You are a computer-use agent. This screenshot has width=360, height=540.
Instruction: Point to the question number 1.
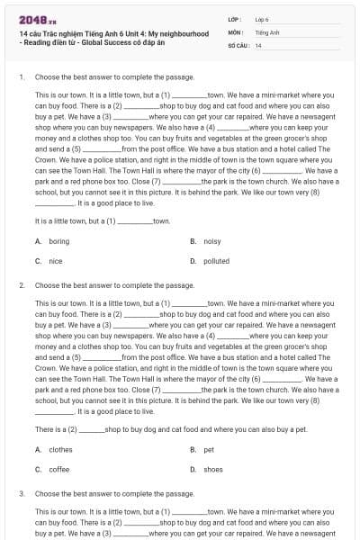[21, 77]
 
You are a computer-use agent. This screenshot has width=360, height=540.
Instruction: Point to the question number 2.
[21, 285]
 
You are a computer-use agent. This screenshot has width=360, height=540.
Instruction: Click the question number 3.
[21, 493]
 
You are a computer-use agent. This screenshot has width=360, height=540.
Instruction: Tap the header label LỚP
[235, 19]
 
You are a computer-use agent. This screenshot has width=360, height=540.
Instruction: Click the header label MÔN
[236, 31]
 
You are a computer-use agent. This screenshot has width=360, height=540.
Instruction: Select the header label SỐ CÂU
[238, 45]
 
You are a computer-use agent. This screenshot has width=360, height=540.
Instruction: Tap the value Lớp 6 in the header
[262, 19]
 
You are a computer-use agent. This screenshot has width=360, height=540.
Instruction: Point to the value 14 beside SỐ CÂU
[258, 45]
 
